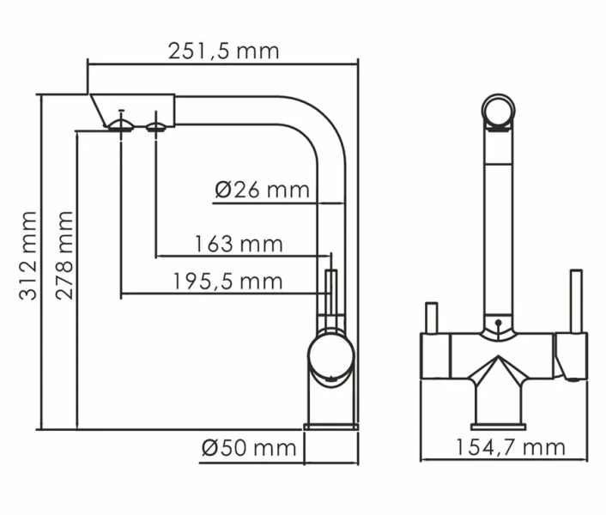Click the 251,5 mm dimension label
pos(223,51)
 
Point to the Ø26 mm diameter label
pos(262,190)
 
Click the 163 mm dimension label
pos(239,244)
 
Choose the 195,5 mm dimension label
pos(227,282)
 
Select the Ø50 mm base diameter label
pos(248,448)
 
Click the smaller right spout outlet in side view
pos(155,127)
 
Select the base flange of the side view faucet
pos(331,426)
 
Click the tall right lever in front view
pos(576,300)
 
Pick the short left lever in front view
pos(432,317)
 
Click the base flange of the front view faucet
pos(498,426)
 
